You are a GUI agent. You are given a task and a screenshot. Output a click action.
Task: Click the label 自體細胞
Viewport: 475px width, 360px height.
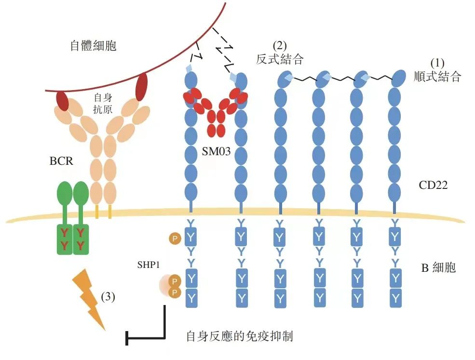click(x=94, y=47)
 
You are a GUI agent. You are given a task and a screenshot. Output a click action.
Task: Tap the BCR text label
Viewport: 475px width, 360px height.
click(x=61, y=161)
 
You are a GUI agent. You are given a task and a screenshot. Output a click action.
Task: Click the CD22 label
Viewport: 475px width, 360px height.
click(x=433, y=184)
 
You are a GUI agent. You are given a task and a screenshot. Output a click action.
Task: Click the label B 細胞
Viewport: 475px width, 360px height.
click(x=438, y=268)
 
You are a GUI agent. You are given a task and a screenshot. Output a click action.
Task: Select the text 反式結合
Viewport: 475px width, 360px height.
click(x=280, y=60)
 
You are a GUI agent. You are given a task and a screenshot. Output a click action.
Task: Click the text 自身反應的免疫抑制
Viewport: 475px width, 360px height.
click(x=239, y=336)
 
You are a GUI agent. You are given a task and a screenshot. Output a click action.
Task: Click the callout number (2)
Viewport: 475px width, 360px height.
click(x=280, y=46)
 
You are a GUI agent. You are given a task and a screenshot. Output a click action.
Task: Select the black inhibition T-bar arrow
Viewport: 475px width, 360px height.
click(x=145, y=335)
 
